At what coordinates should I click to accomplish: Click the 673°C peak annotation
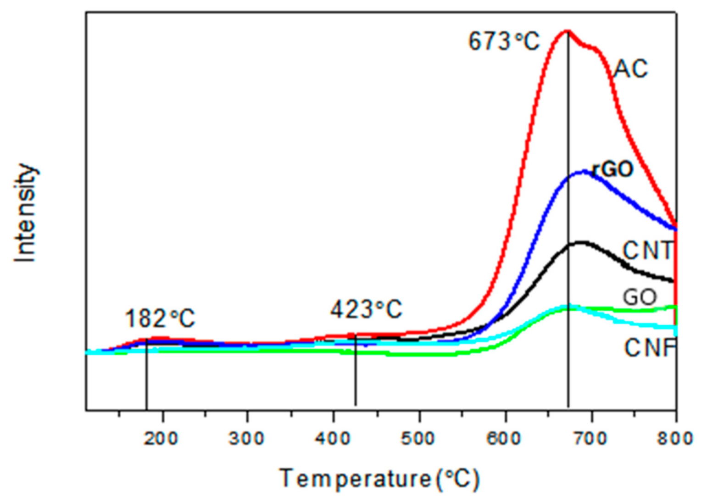click(504, 42)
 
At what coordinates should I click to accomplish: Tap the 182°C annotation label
click(160, 318)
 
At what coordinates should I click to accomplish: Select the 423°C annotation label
click(366, 309)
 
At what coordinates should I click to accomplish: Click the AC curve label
click(631, 69)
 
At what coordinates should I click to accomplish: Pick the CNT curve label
click(647, 251)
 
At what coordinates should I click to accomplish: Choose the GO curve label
click(640, 297)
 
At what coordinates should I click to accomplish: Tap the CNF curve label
click(650, 348)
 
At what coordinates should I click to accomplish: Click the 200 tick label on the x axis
click(161, 438)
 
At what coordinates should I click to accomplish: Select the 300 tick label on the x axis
click(247, 438)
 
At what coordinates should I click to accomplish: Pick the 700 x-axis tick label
click(591, 438)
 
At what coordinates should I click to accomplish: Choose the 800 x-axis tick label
click(676, 438)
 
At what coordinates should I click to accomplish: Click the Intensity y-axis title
click(26, 213)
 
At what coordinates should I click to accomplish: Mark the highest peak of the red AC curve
click(567, 31)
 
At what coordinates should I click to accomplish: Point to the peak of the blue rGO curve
click(584, 172)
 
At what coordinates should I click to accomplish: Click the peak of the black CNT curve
click(581, 242)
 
